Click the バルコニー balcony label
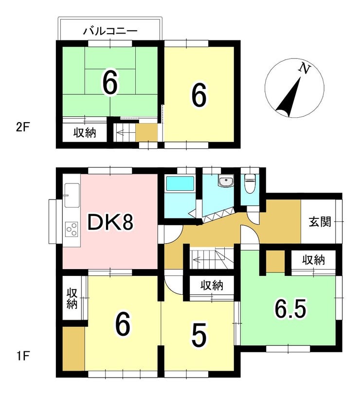coord(110,32)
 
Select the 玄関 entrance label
coord(320,222)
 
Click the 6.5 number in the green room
coord(290,308)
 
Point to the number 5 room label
coord(199,335)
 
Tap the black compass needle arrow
coord(288,97)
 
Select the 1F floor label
coord(22,357)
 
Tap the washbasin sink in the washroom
coord(226,181)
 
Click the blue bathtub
coord(180,184)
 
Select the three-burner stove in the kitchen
coord(72,229)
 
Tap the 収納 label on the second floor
coord(85,132)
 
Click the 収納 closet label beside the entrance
coord(314,260)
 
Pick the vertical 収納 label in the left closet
coord(72,299)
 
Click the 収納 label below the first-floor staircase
coord(212,286)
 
